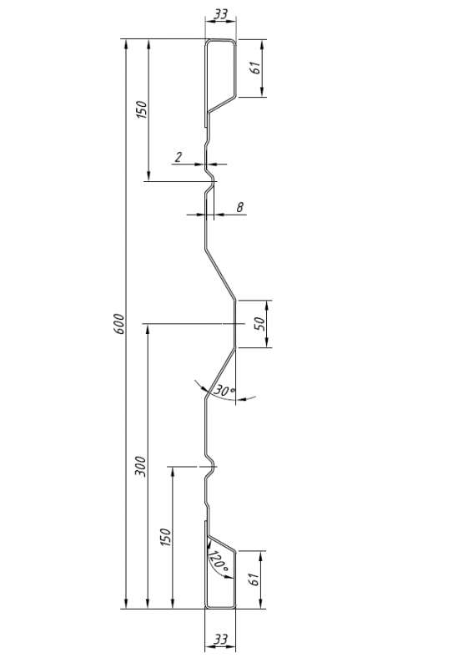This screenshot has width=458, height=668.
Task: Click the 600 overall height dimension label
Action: click(119, 324)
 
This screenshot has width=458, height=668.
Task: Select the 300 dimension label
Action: click(140, 467)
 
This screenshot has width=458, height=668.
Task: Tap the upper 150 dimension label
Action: click(141, 109)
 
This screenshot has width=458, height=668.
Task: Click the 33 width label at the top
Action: click(220, 14)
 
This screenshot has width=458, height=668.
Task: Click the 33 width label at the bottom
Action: click(220, 640)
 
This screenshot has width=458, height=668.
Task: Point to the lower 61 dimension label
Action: click(254, 579)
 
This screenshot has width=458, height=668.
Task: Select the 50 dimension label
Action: click(260, 324)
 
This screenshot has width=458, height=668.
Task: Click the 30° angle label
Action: click(224, 390)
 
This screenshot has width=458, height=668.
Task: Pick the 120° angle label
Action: click(219, 562)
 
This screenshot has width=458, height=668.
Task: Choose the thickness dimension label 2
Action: click(179, 157)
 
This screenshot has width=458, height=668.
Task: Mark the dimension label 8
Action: click(240, 207)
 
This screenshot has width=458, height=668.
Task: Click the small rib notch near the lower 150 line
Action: click(210, 467)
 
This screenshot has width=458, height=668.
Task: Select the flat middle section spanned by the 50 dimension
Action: click(235, 324)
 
